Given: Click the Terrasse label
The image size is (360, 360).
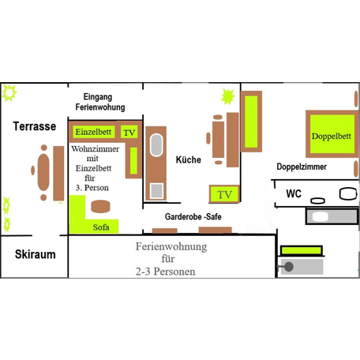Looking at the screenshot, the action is (35, 126).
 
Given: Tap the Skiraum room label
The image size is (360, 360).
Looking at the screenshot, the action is (36, 254).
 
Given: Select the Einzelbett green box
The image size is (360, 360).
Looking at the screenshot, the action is (94, 132).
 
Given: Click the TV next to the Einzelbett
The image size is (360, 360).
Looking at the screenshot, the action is (129, 132).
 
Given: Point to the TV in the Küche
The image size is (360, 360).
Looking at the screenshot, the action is (224, 194).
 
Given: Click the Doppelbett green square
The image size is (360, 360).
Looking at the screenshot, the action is (332, 134).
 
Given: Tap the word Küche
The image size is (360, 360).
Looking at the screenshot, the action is (189, 159).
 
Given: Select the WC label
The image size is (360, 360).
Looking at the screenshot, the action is (294, 193).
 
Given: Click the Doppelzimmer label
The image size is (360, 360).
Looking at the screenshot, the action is (302, 167).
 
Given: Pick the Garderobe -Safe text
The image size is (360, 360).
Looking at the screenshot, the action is (193, 216).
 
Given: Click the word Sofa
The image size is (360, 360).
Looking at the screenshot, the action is (101, 227).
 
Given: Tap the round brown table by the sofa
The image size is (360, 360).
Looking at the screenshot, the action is (100, 206).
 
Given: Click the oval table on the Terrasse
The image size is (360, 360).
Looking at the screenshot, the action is (43, 172).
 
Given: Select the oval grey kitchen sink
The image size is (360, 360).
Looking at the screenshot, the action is (156, 145).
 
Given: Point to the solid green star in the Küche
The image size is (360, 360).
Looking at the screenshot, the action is (227, 96).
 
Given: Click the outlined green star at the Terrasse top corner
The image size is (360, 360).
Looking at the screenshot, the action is (9, 93).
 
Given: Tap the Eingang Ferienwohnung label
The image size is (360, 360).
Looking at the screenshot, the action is (100, 102).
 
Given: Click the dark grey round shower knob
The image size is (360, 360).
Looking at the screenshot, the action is (289, 267).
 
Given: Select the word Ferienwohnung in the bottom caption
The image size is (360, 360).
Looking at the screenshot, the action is (171, 247).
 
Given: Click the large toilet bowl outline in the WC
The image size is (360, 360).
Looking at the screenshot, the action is (348, 193).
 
